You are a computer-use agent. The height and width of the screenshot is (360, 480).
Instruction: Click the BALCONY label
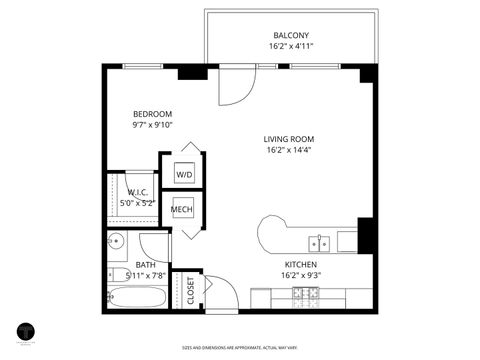click(290, 35)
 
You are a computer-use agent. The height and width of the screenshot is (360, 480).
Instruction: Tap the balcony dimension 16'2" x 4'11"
click(290, 47)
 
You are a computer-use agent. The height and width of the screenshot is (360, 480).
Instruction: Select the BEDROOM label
click(153, 114)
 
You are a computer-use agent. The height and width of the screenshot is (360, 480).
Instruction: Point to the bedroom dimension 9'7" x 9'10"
click(153, 126)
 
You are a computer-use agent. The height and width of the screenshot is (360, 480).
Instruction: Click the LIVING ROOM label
click(290, 139)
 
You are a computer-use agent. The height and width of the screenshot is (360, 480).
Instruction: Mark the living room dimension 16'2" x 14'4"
click(290, 151)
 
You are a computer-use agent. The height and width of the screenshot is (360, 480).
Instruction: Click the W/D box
click(184, 174)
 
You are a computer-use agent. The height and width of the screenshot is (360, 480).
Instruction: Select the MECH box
click(182, 210)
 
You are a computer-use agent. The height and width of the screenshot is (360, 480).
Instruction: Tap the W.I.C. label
click(138, 192)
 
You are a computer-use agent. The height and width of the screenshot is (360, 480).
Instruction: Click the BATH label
click(146, 265)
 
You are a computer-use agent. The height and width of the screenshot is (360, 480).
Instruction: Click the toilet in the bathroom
click(116, 241)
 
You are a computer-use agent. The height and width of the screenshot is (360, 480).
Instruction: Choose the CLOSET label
click(190, 290)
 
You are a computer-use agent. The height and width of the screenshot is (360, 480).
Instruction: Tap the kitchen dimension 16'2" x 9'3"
click(299, 276)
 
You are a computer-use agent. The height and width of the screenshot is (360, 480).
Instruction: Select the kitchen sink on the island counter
click(320, 243)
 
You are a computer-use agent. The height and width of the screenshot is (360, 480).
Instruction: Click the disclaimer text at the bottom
click(240, 348)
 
